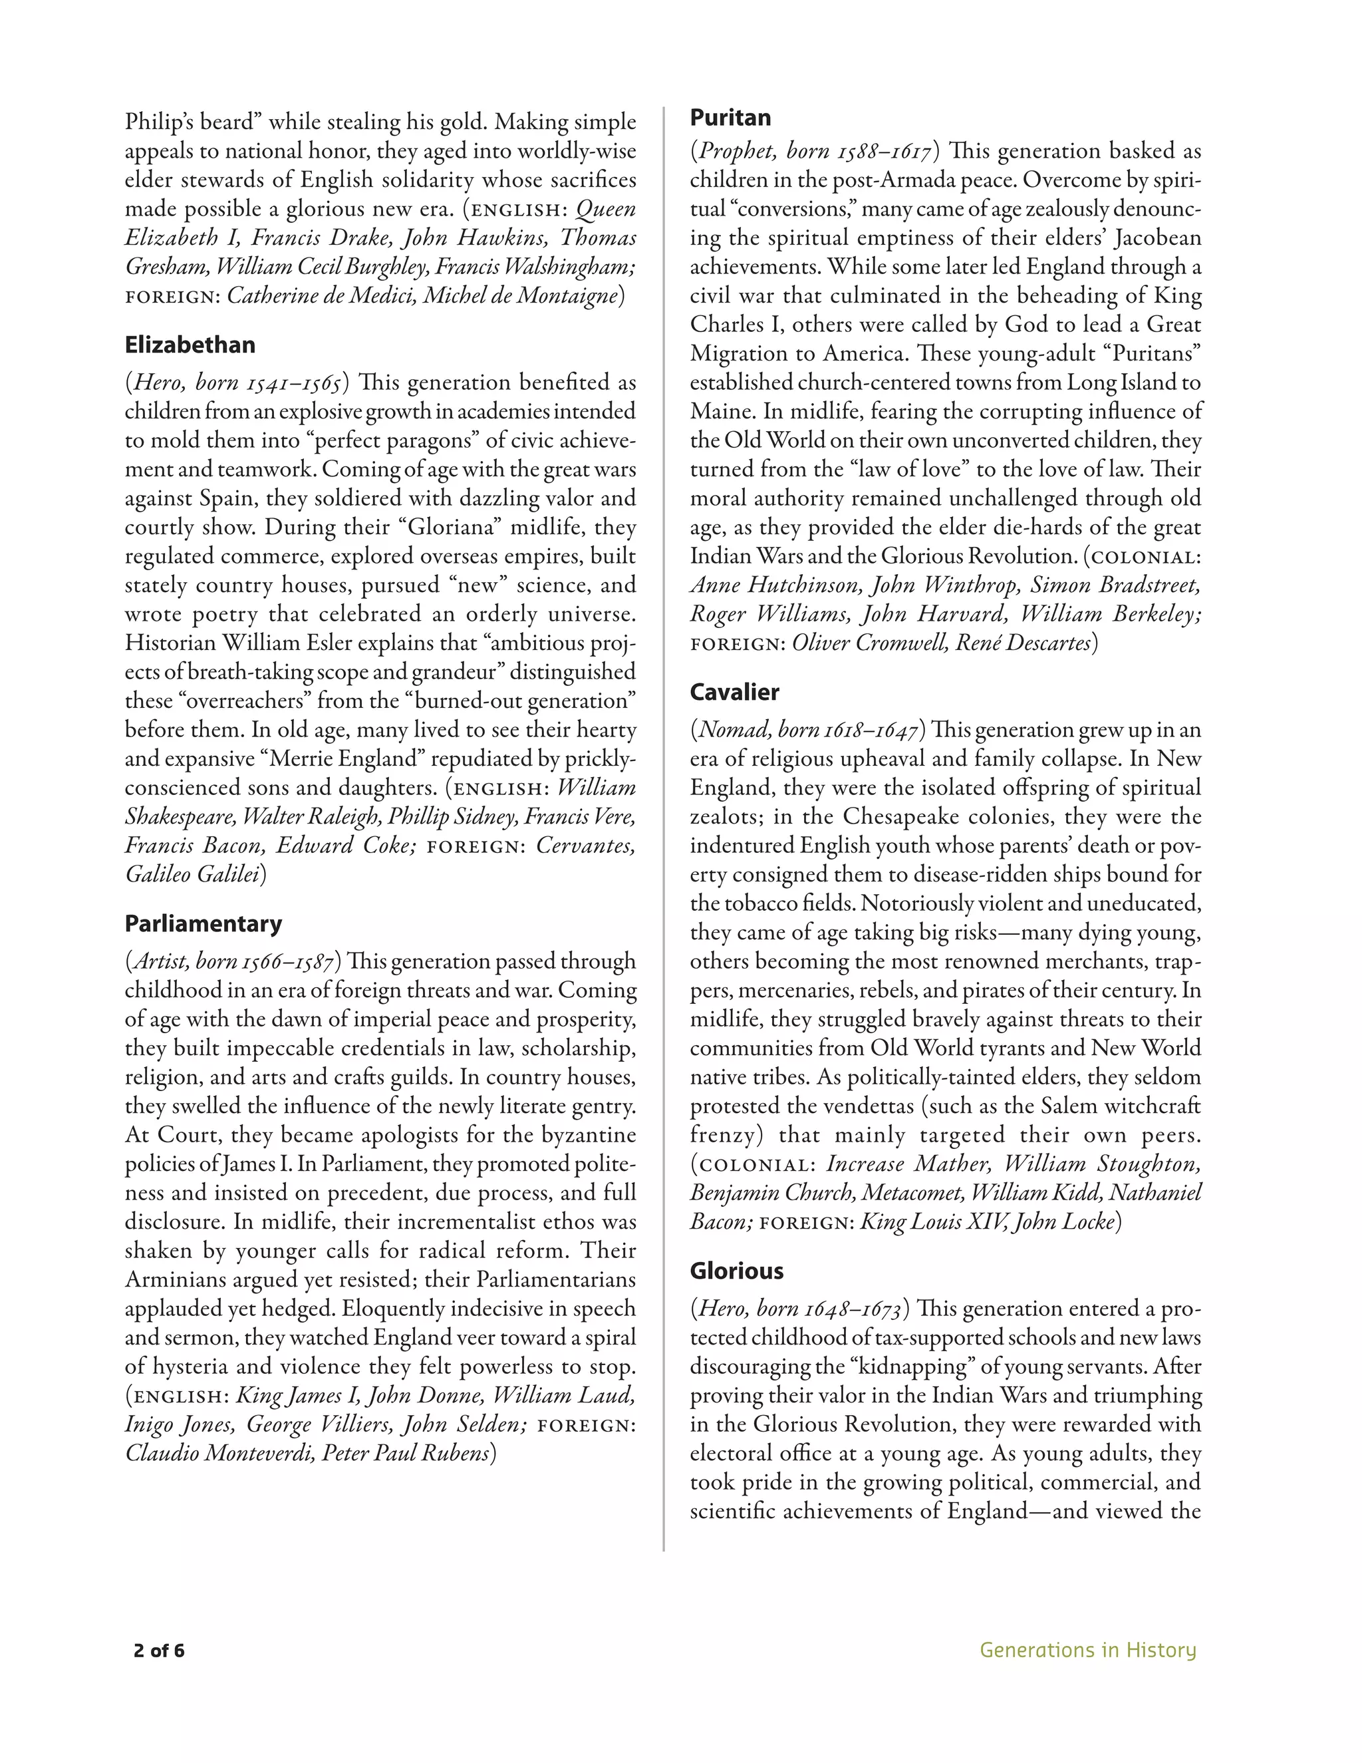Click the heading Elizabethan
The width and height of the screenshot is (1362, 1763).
pos(190,345)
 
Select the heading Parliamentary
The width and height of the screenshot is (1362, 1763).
pos(204,923)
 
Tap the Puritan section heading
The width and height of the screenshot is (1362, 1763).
pos(730,118)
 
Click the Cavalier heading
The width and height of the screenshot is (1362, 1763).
pos(734,692)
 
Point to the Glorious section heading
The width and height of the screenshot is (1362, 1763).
pos(737,1271)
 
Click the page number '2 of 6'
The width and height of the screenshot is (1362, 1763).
pos(159,1650)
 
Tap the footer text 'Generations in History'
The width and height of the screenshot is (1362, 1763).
pos(1087,1650)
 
